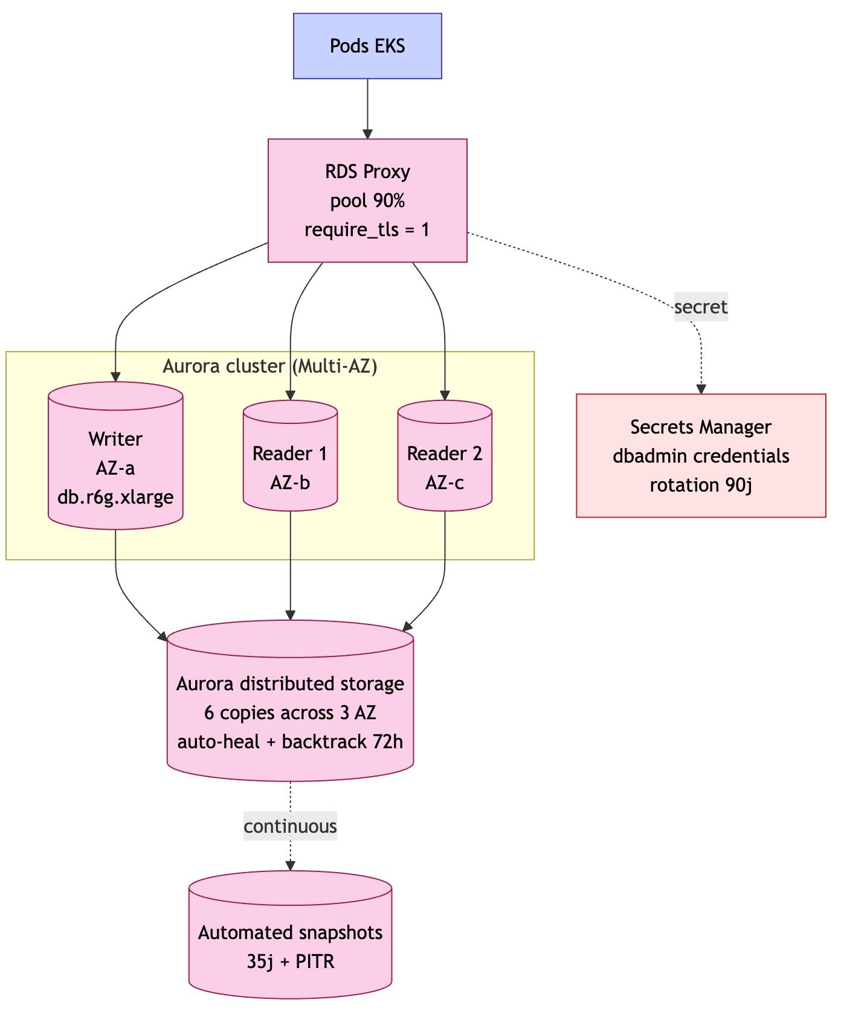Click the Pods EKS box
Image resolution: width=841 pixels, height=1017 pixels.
367,46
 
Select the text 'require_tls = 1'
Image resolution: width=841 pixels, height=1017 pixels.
367,229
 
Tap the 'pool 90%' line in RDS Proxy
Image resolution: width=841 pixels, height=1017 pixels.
367,201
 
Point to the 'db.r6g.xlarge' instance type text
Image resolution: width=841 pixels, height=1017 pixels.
115,497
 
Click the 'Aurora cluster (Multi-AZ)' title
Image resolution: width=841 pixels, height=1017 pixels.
270,366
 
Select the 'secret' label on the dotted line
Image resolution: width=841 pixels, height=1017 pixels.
701,307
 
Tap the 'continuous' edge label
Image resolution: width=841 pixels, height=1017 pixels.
290,826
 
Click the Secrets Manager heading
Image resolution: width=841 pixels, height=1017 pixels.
701,427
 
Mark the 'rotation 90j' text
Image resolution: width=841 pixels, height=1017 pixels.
701,485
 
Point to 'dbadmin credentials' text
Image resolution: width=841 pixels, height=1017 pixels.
701,456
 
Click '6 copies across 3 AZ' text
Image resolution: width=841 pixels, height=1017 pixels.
290,713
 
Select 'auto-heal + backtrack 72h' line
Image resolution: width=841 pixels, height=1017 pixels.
290,742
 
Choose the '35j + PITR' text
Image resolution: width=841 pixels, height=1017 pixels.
290,961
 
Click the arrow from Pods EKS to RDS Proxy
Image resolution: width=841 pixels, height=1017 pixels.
367,109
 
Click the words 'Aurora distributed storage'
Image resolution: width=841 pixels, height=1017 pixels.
290,684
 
